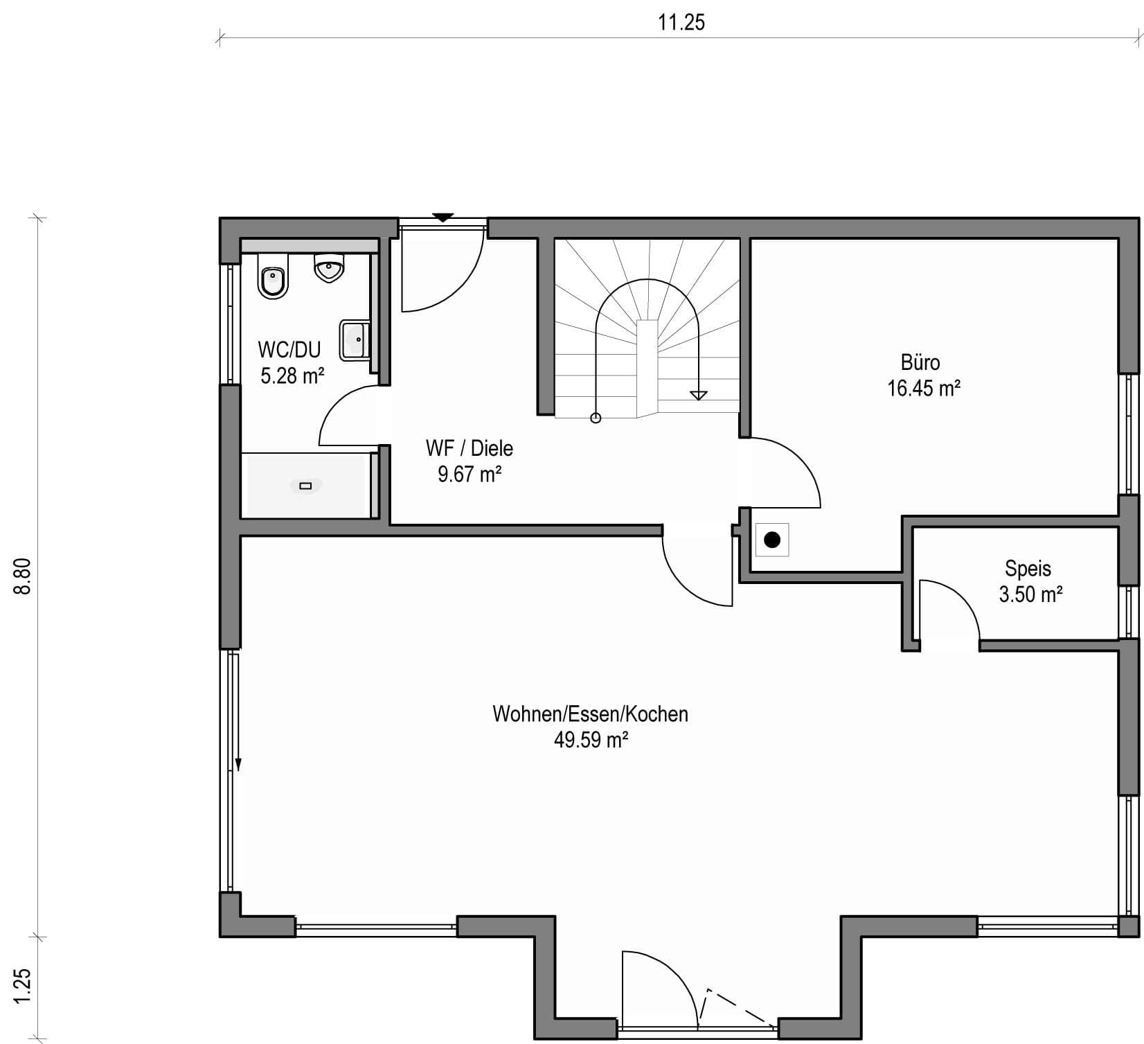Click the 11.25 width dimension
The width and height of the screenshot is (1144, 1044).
(681, 22)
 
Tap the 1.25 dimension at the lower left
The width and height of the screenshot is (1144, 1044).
(24, 983)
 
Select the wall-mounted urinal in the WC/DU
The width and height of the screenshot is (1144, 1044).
(329, 267)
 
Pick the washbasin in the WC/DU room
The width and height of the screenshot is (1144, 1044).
(355, 339)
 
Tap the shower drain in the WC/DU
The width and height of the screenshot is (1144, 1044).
(305, 486)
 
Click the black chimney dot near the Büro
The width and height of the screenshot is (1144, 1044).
(772, 539)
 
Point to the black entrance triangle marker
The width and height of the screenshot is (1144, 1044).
(443, 218)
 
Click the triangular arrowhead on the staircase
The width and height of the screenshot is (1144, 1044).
(699, 395)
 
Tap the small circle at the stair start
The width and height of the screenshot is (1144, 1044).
(596, 418)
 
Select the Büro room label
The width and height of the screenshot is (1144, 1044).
(920, 362)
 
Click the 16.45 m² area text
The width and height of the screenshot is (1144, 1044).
(924, 388)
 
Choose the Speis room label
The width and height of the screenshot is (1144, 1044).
(1028, 569)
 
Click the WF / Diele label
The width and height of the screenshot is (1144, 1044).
(470, 448)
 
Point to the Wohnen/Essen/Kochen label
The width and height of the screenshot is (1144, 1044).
(590, 714)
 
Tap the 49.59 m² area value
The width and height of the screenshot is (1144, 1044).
(591, 740)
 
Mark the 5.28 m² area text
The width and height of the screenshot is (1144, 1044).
(292, 375)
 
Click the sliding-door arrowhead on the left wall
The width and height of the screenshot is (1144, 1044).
(238, 763)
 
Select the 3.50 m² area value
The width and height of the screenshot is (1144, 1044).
(1031, 594)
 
